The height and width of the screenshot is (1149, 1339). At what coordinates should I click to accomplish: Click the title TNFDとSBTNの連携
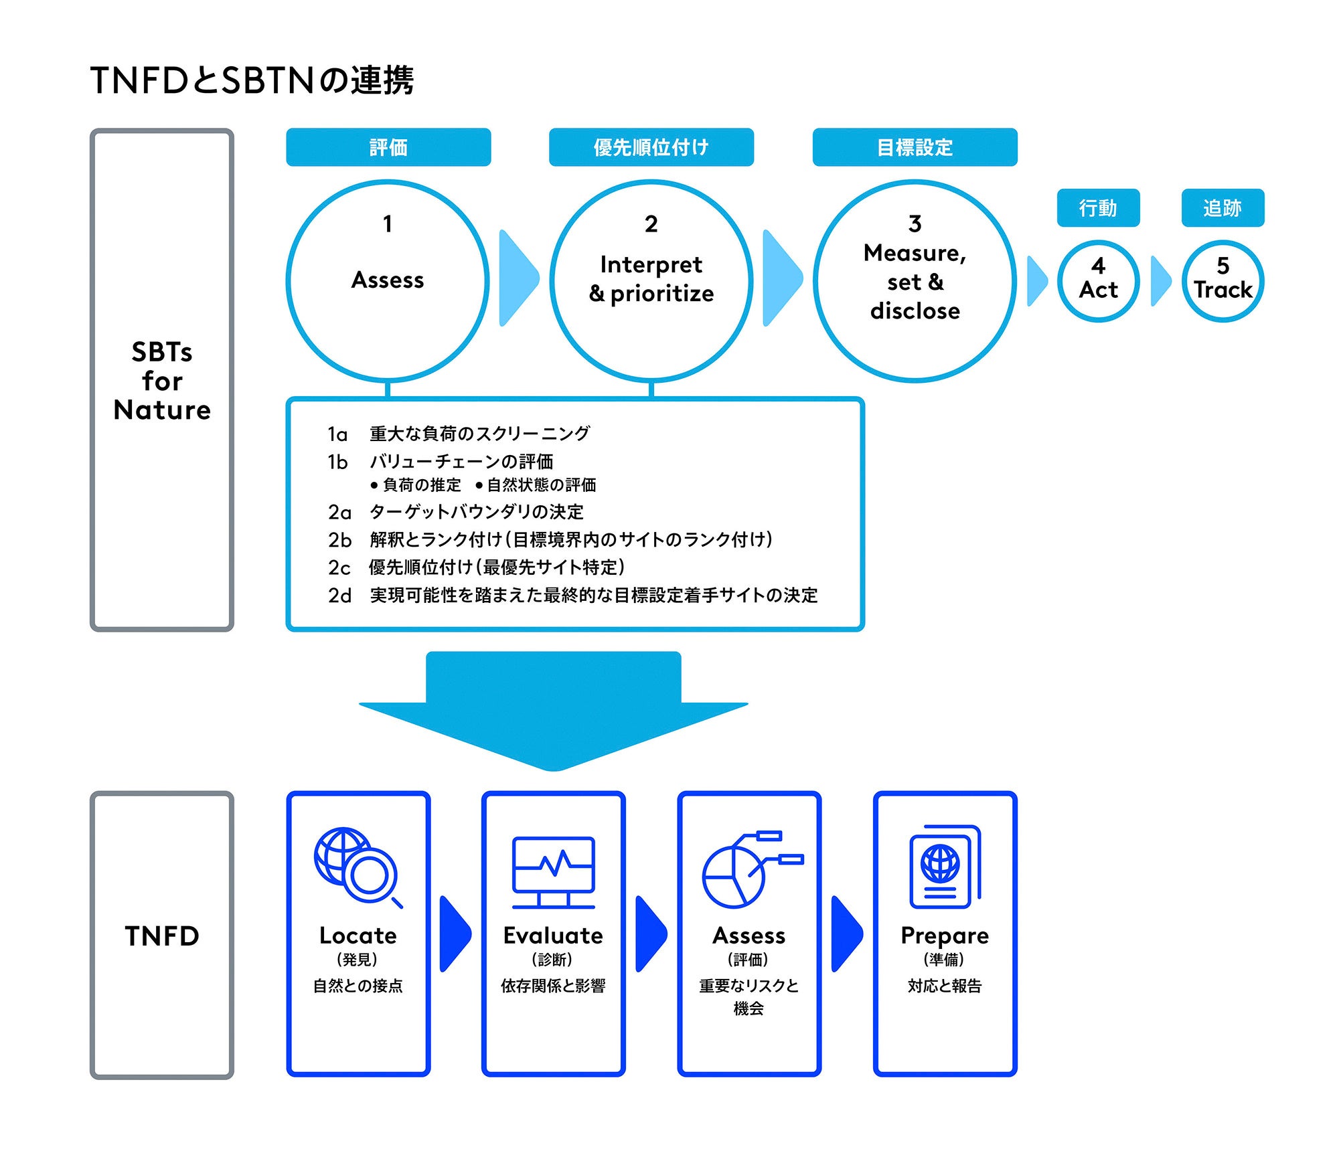(252, 80)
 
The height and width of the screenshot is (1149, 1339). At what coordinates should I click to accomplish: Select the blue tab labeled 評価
(388, 147)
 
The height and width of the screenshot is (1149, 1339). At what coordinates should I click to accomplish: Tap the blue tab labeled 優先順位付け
(651, 147)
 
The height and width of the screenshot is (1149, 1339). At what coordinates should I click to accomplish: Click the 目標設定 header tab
(915, 147)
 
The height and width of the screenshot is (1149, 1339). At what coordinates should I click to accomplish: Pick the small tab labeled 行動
(1098, 208)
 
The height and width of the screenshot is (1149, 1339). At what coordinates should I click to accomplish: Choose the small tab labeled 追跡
(1223, 208)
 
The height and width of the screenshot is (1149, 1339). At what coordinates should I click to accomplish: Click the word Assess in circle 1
(388, 280)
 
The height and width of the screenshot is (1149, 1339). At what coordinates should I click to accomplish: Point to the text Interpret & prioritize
(651, 279)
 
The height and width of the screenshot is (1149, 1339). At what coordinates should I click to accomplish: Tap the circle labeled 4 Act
(1098, 280)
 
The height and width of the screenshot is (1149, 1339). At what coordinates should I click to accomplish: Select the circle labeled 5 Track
(1223, 280)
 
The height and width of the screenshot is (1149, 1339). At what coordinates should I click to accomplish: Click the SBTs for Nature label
(162, 380)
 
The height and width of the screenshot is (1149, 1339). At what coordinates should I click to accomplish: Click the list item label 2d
(339, 596)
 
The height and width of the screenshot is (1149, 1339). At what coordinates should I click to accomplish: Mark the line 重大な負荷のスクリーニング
(479, 434)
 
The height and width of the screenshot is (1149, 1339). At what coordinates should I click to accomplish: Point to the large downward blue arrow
(553, 709)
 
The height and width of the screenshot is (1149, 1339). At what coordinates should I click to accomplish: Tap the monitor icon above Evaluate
(553, 871)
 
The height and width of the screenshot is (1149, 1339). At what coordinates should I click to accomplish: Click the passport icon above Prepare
(944, 867)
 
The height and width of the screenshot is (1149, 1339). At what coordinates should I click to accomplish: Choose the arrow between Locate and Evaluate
(455, 934)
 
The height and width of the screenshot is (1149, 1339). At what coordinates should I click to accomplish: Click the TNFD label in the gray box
(162, 936)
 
